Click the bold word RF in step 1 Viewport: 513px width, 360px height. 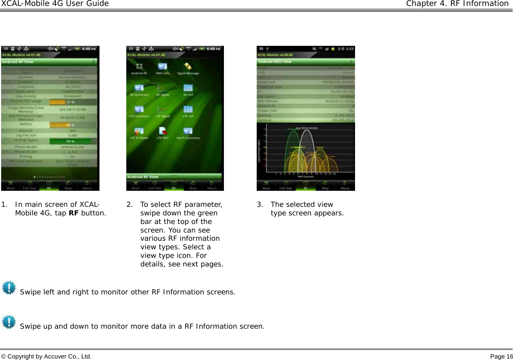73,213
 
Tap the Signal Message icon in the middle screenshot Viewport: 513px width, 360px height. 188,67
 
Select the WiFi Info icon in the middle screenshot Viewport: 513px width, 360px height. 162,67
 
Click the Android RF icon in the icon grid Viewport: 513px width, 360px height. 139,67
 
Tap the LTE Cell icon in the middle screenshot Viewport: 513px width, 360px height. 188,110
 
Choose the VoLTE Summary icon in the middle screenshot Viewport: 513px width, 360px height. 188,131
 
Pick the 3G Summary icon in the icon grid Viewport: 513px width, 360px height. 139,88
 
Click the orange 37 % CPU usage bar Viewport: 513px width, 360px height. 70,102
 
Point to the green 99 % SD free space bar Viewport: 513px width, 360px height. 70,141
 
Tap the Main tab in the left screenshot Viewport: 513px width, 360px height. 10,185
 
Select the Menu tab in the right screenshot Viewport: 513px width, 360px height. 345,185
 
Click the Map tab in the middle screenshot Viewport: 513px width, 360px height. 193,185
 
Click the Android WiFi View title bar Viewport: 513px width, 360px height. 305,61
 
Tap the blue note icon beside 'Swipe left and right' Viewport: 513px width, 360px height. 9,288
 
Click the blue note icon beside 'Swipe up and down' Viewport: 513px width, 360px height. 9,322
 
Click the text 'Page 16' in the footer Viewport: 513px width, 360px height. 501,357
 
